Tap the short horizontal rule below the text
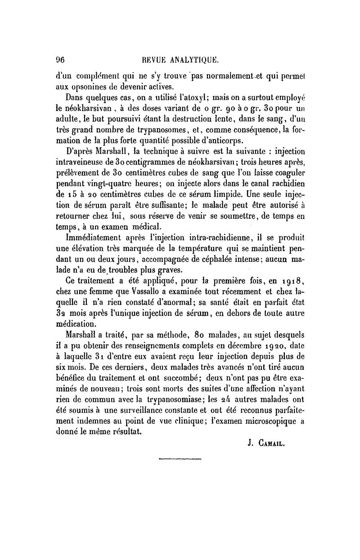coord(180,458)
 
